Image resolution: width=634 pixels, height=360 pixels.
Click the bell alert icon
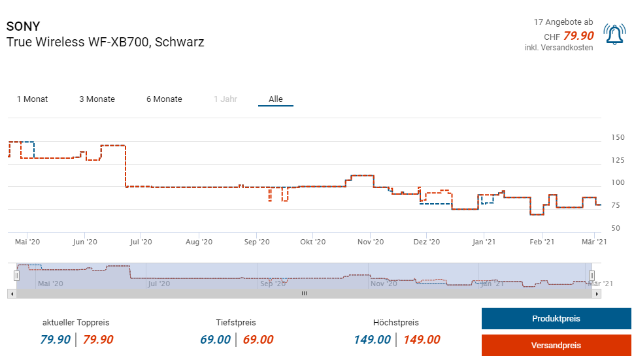pos(614,35)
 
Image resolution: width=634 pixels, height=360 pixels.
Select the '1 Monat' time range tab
pos(32,99)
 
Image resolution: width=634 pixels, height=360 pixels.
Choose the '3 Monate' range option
pos(97,99)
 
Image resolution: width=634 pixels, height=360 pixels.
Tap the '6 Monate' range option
pos(164,99)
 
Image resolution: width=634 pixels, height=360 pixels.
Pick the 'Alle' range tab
pos(276,99)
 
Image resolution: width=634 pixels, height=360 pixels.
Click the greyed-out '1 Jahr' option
pos(225,99)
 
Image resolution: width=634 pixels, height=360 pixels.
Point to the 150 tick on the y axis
pos(618,137)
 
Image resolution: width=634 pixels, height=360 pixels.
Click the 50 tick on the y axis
pos(615,228)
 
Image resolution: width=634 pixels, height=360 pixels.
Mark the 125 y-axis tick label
pos(618,160)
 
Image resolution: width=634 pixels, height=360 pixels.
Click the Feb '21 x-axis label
pos(541,242)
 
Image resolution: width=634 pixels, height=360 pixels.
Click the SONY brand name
pos(23,27)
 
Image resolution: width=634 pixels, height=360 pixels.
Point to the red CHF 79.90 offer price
pos(578,36)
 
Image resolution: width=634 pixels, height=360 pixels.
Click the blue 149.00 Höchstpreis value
pos(373,340)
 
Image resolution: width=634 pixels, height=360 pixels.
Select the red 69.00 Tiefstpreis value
pos(258,340)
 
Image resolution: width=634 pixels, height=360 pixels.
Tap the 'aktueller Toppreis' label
pos(76,323)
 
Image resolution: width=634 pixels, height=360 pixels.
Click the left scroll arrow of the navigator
pos(11,294)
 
